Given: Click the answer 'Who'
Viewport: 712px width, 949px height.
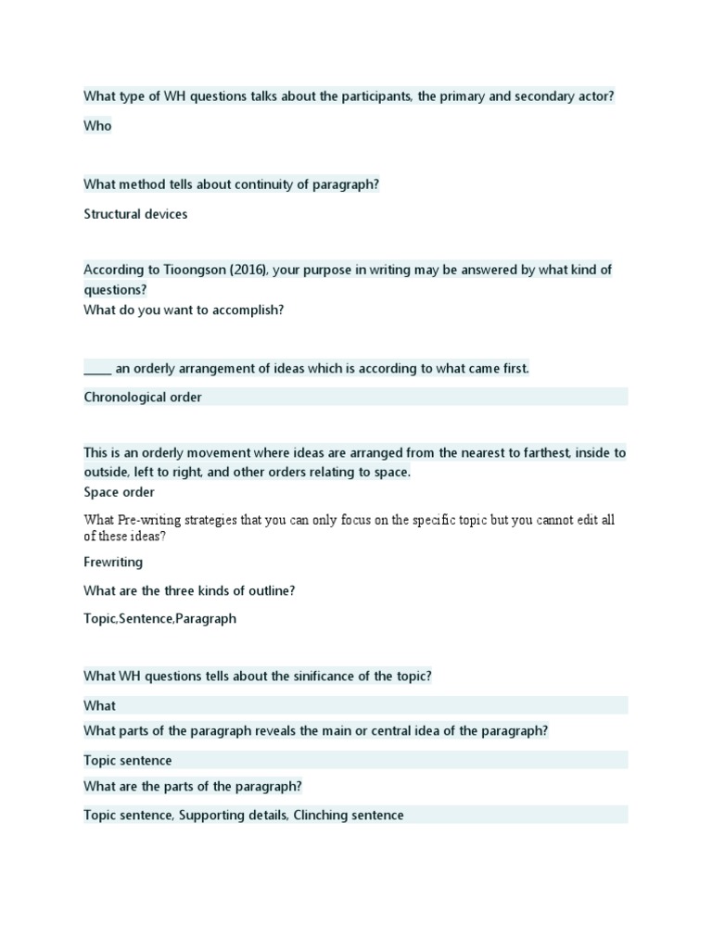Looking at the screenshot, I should coord(97,126).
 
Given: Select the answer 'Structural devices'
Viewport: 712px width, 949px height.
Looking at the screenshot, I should coord(135,214).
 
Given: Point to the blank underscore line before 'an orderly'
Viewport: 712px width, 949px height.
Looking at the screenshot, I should coord(97,369).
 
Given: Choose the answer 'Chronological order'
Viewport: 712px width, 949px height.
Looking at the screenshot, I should coord(143,397).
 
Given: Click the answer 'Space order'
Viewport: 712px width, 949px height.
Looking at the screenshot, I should coord(119,492).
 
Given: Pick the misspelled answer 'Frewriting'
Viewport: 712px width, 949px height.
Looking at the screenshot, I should coord(113,562).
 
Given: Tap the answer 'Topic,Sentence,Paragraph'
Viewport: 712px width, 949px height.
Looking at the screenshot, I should coord(159,618).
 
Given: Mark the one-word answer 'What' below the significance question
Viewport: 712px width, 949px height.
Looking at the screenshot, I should coord(99,705).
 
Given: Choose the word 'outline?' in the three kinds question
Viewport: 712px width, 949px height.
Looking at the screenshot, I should coord(270,590).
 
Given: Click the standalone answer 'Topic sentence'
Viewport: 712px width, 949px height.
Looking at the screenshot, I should coord(128,761).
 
